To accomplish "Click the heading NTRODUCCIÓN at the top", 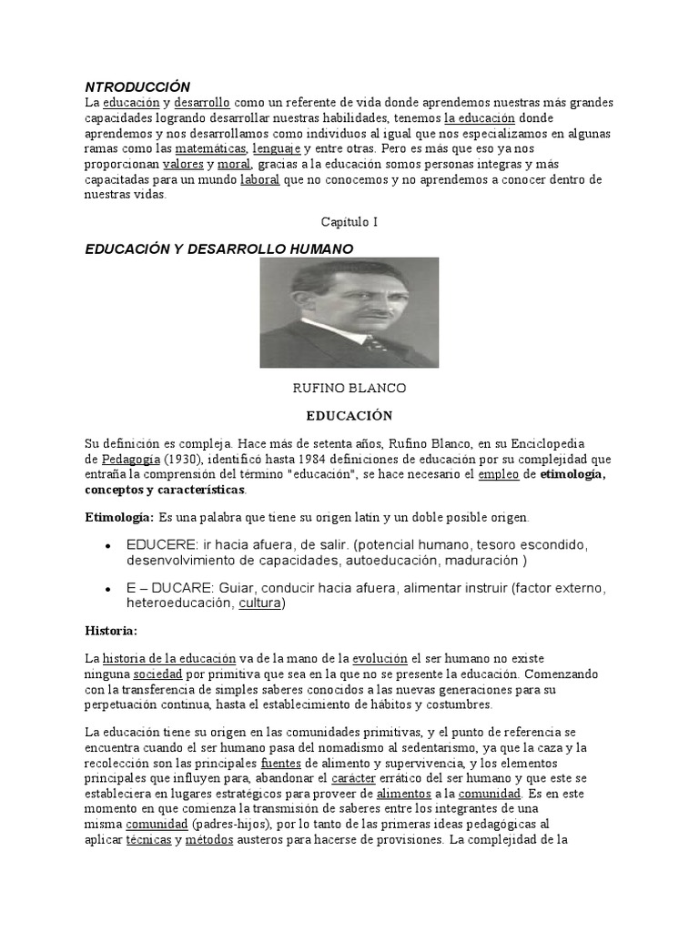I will [137, 86].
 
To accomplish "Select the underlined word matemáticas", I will [210, 147].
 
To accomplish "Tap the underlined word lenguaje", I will [276, 147].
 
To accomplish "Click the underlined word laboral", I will [259, 179].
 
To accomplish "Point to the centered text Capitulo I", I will [349, 221].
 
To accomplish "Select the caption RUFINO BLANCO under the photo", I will [349, 388].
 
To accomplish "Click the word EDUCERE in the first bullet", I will [157, 544].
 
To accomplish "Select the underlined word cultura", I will [260, 603].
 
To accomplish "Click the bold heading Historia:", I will [111, 630].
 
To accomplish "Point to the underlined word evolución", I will [380, 659].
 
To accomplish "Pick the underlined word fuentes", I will [281, 763].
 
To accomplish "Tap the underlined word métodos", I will [209, 841].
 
